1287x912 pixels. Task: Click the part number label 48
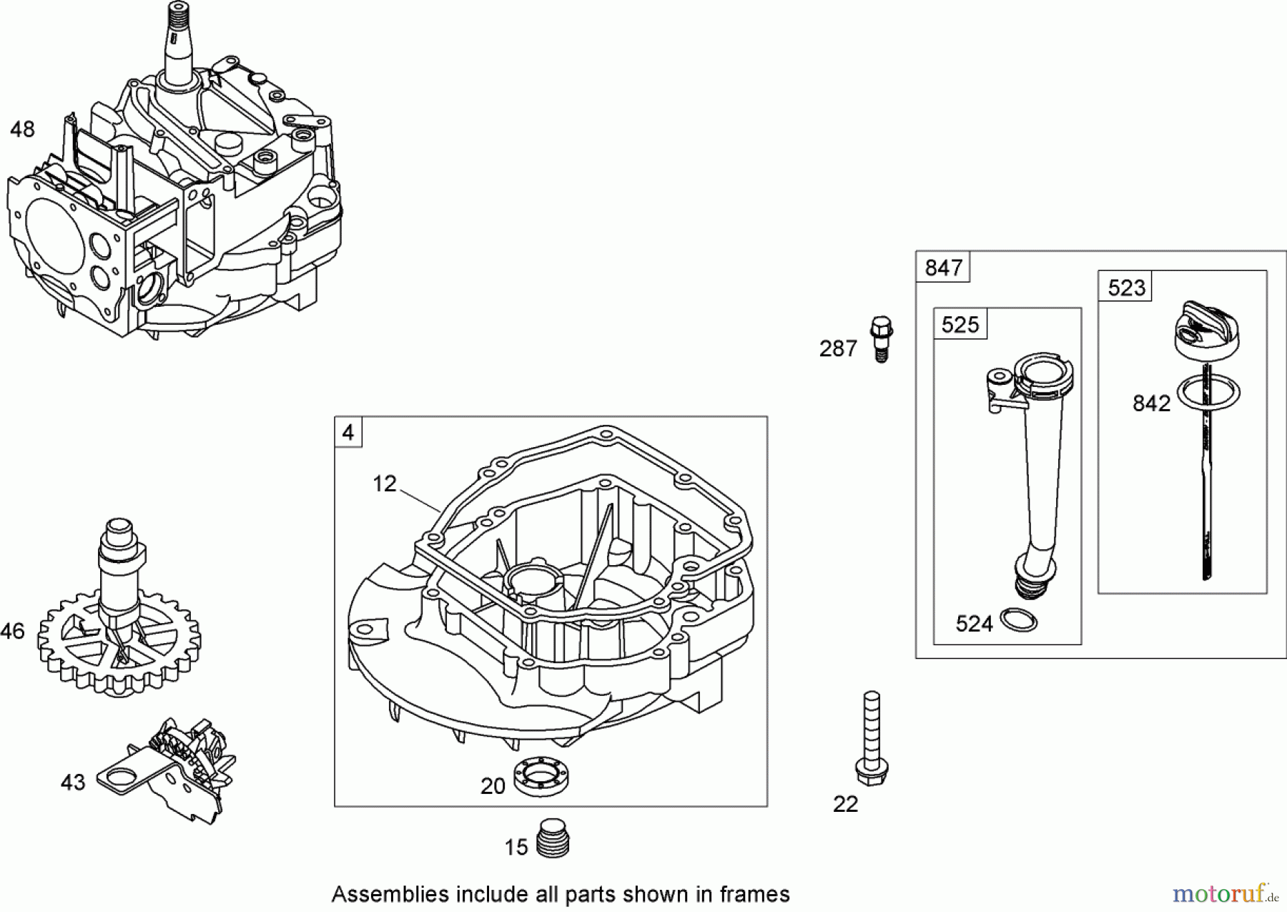pos(22,129)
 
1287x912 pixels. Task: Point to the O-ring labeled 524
pos(1019,619)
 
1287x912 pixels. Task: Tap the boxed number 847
pos(943,268)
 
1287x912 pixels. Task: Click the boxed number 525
pos(960,325)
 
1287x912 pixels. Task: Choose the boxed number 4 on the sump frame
pos(348,433)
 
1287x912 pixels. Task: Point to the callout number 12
pos(384,484)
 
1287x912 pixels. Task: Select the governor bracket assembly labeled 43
pos(172,773)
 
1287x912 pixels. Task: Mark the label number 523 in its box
pos(1126,288)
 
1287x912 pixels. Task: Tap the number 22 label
pos(845,804)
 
